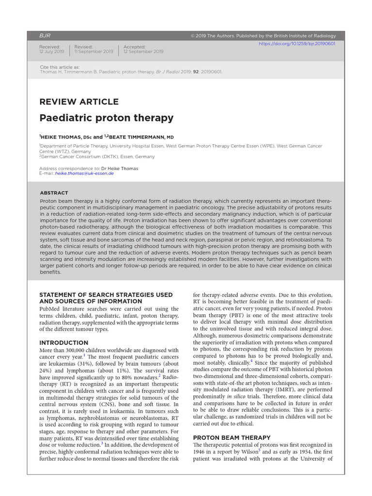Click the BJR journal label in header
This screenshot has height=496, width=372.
pyautogui.click(x=45, y=36)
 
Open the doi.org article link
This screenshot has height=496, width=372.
pyautogui.click(x=297, y=44)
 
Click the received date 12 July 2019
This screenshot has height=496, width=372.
pyautogui.click(x=51, y=51)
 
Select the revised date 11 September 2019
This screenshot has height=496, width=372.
pyautogui.click(x=93, y=51)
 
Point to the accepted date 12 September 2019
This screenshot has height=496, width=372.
pyautogui.click(x=143, y=51)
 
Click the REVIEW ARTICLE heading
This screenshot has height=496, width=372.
pyautogui.click(x=78, y=102)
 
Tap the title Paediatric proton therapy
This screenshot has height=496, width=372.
pyautogui.click(x=106, y=118)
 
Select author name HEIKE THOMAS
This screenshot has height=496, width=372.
pyautogui.click(x=61, y=137)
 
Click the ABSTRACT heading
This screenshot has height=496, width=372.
pyautogui.click(x=54, y=193)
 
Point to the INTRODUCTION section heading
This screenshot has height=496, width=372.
pyautogui.click(x=63, y=342)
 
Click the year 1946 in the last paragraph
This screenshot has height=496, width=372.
pyautogui.click(x=201, y=451)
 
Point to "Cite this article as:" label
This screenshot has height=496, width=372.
pyautogui.click(x=60, y=67)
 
